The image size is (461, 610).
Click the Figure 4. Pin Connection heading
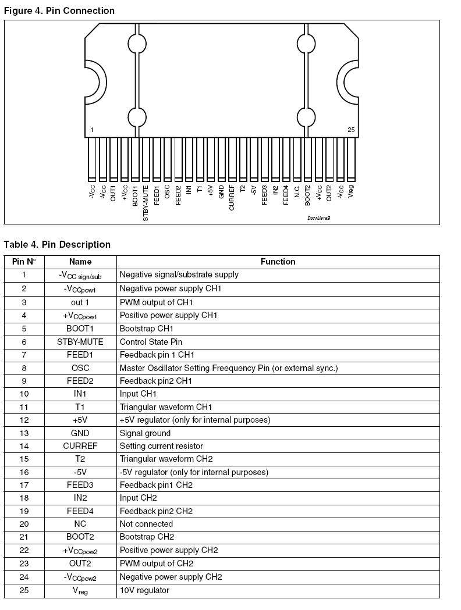point(59,10)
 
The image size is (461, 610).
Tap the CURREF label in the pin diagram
point(232,198)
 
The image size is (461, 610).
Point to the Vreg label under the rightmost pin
point(351,191)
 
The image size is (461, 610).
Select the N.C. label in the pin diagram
point(297,191)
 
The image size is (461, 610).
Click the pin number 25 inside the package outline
point(351,130)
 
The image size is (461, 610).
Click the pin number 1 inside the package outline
point(93,130)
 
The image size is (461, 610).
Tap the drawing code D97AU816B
point(319,218)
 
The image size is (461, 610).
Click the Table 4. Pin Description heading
point(57,244)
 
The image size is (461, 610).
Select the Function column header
point(278,262)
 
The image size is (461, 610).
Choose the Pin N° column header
point(24,262)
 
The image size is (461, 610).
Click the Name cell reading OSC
point(80,368)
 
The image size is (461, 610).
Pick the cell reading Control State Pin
point(151,342)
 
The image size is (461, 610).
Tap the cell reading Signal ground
point(145,433)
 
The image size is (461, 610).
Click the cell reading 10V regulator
point(144,590)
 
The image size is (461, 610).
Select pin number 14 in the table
point(24,446)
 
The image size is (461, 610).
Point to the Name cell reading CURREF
point(80,446)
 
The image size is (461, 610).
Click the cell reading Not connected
point(146,524)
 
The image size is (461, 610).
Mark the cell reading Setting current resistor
point(161,446)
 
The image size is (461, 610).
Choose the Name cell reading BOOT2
point(80,537)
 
